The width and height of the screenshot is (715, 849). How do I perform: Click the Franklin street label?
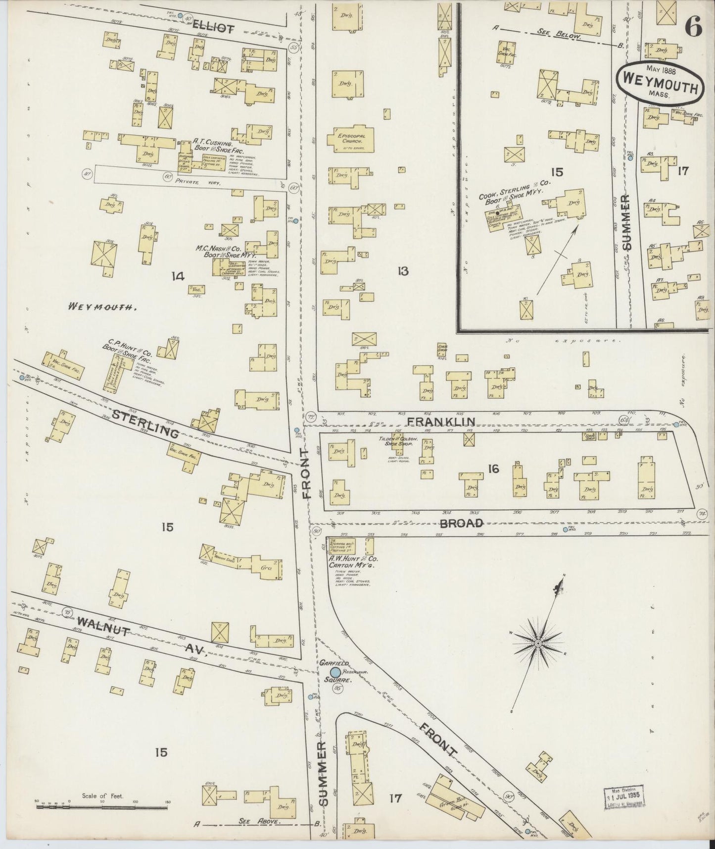click(x=440, y=422)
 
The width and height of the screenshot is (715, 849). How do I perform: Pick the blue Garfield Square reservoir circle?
click(x=335, y=672)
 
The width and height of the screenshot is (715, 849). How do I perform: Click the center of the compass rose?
click(x=537, y=643)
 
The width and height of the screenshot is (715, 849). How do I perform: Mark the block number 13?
click(x=403, y=271)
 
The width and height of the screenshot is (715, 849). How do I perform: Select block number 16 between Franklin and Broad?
click(x=493, y=469)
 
